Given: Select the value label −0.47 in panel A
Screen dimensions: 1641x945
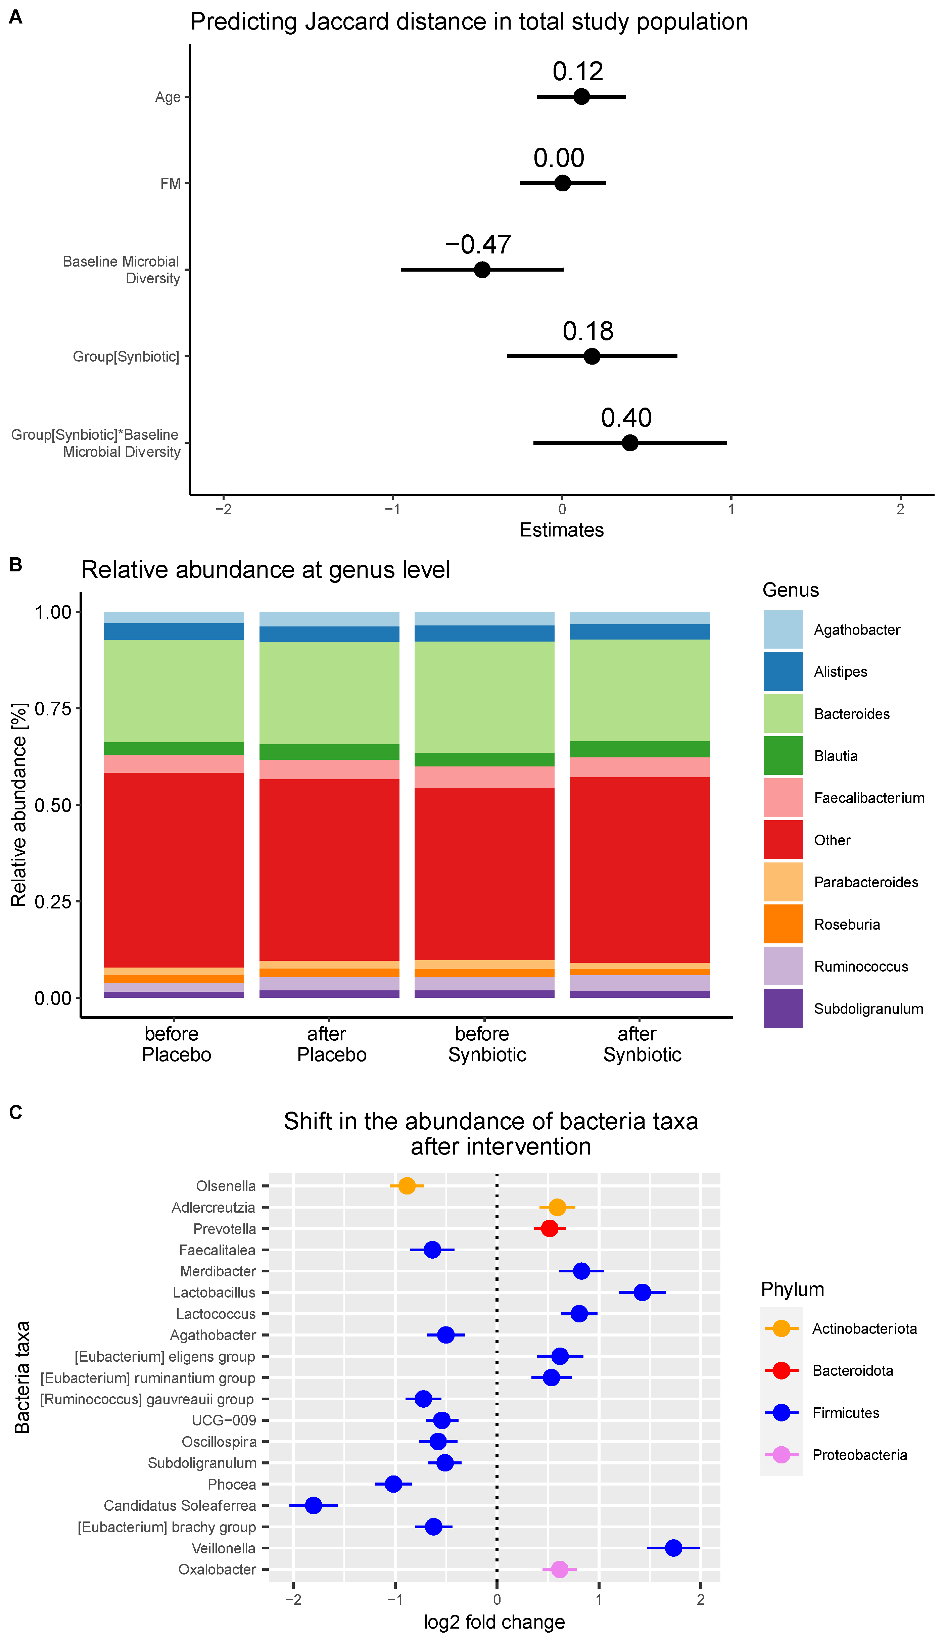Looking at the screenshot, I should pos(478,245).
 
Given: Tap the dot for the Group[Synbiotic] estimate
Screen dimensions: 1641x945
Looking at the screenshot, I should pos(591,356).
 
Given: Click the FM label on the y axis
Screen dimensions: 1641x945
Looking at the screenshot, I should pos(170,184).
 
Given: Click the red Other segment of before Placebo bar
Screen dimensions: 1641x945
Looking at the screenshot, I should pos(174,870).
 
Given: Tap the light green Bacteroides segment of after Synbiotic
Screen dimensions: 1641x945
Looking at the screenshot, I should pos(639,690).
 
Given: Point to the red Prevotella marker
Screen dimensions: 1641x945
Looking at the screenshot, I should pos(549,1228).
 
